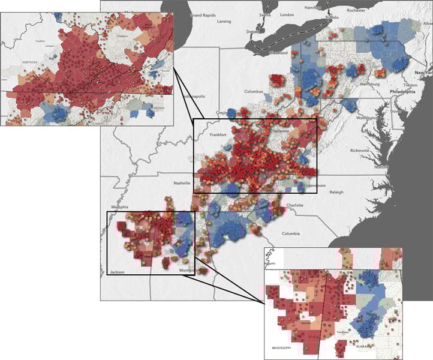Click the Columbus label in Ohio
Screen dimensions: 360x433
(x=254, y=92)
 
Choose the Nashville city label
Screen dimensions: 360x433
(x=182, y=183)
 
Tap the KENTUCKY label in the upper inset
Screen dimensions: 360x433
(x=28, y=62)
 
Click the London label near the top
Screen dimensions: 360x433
(x=287, y=15)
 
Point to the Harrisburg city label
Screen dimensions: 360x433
(x=369, y=85)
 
